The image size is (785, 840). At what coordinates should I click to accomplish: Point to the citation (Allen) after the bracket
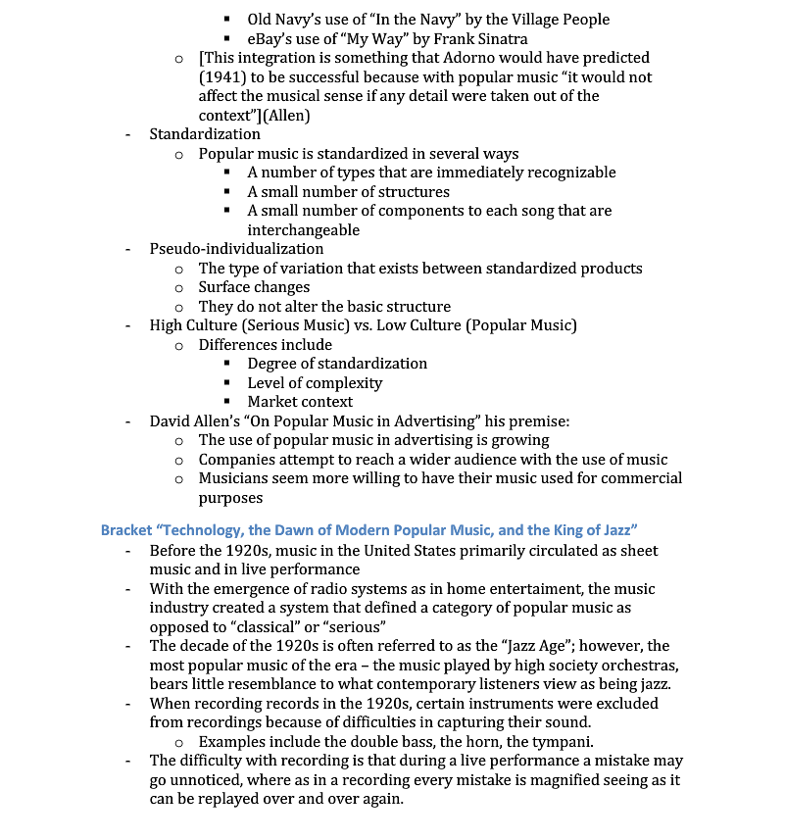[x=289, y=115]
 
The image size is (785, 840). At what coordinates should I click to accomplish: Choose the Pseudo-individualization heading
[x=236, y=249]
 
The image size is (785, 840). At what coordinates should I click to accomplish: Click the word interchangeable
[x=303, y=229]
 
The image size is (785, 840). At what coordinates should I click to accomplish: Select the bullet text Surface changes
[x=254, y=287]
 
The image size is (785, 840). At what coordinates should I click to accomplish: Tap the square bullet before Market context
[x=227, y=402]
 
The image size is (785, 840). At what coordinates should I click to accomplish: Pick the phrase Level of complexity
[x=315, y=382]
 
